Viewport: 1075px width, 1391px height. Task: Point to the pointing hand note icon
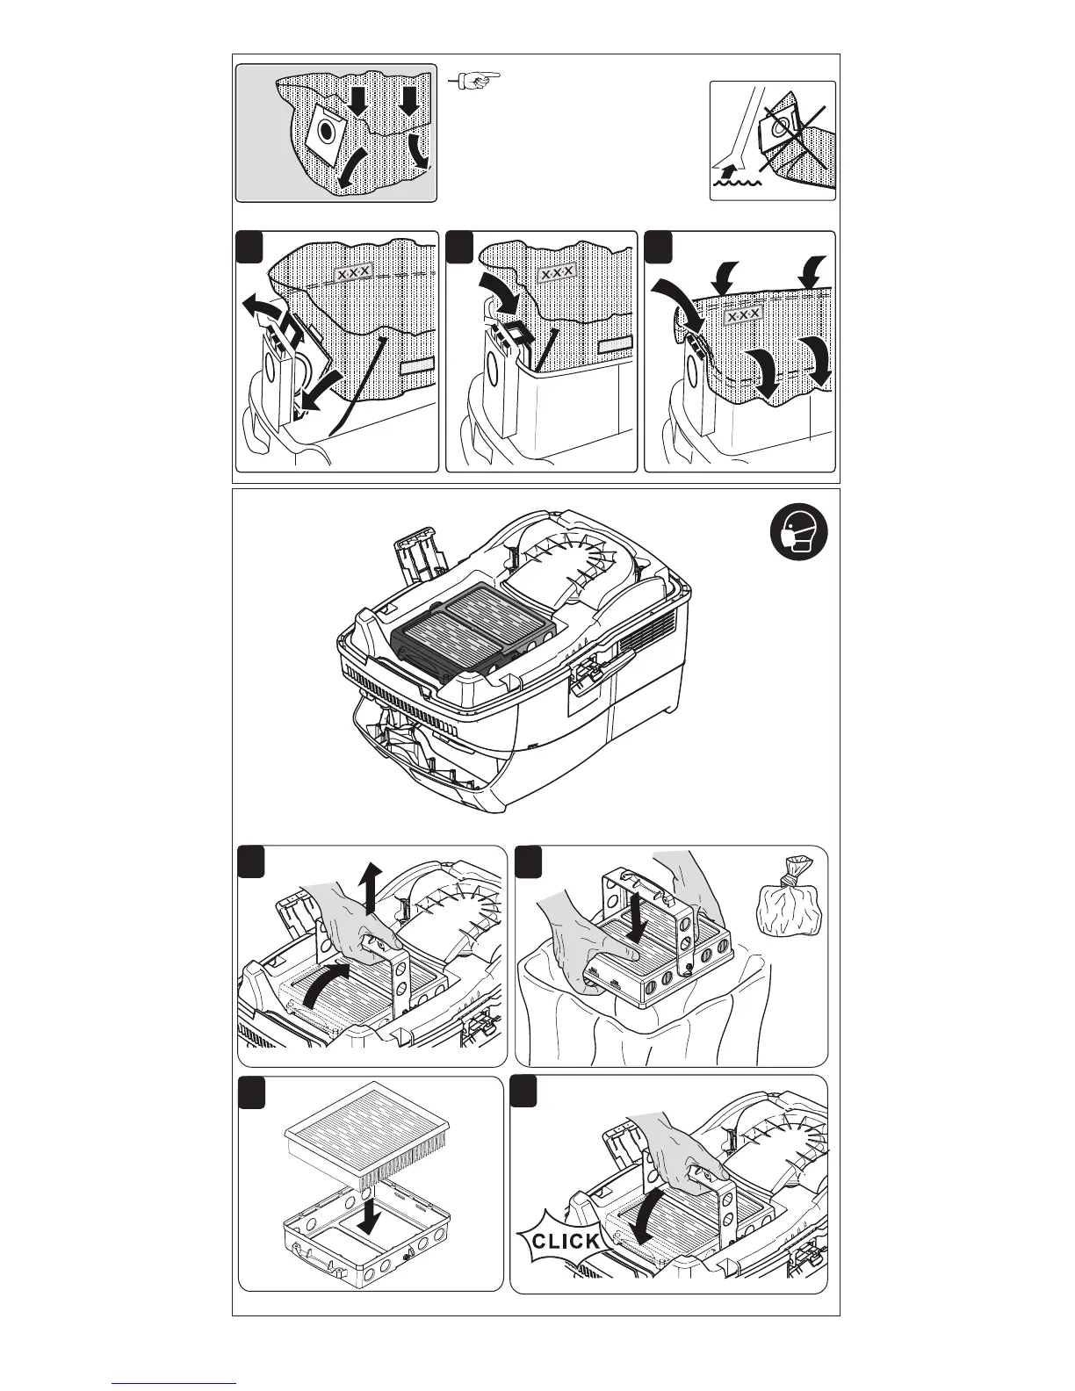pos(474,81)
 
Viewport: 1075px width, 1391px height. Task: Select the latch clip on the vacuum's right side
pos(584,681)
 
